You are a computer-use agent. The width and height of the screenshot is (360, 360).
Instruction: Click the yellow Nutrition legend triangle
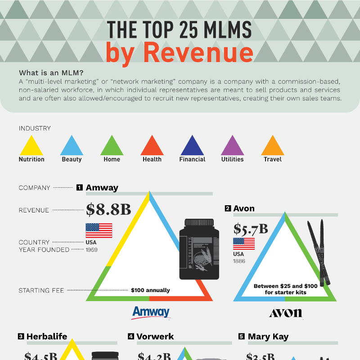[x=31, y=147]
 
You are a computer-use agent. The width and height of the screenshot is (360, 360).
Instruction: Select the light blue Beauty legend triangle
[x=72, y=147]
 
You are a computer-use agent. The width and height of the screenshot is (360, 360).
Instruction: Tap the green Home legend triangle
[x=112, y=147]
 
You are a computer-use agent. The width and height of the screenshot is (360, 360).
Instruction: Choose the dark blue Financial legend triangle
[x=192, y=147]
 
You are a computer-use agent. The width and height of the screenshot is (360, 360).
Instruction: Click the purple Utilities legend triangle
[x=232, y=147]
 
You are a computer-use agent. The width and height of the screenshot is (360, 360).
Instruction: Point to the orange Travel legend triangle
[x=273, y=147]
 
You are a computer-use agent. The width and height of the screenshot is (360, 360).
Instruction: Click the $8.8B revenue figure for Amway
[x=108, y=209]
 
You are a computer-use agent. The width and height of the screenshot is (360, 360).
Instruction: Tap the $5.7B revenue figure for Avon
[x=250, y=229]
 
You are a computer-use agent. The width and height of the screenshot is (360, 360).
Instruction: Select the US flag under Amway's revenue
[x=99, y=230]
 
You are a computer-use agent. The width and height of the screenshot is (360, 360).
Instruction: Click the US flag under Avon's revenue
[x=243, y=244]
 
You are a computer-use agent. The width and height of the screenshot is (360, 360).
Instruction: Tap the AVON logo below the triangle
[x=286, y=313]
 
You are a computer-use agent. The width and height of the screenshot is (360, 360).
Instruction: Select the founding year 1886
[x=239, y=261]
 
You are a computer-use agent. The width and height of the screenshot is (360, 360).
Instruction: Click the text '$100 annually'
[x=150, y=290]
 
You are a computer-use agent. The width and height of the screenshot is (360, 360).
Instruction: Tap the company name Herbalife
[x=47, y=337]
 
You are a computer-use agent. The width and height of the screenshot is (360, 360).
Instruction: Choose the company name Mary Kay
[x=268, y=337]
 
